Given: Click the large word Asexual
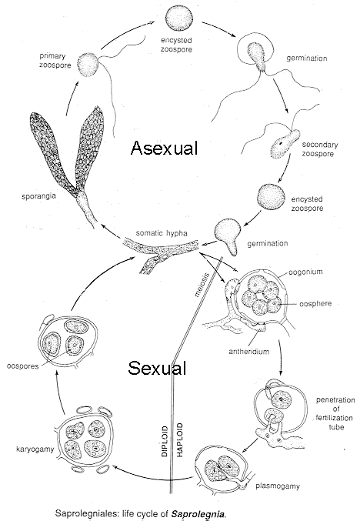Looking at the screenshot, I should [x=164, y=149].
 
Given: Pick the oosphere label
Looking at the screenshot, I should [x=315, y=303].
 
